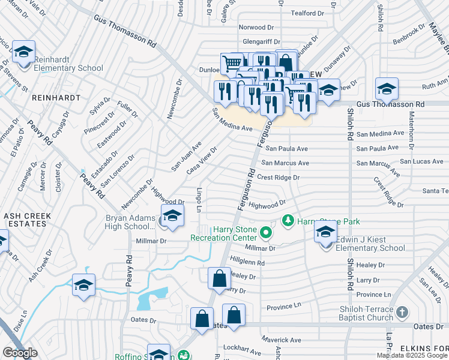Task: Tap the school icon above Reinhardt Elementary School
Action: click(x=23, y=53)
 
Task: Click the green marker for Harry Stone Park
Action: click(x=288, y=220)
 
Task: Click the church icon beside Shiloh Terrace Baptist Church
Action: click(x=402, y=313)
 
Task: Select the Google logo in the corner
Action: click(x=20, y=353)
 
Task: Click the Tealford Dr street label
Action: click(x=307, y=13)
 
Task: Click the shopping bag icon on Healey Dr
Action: click(x=219, y=279)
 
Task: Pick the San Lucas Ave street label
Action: click(x=421, y=161)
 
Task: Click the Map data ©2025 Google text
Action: click(x=412, y=355)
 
